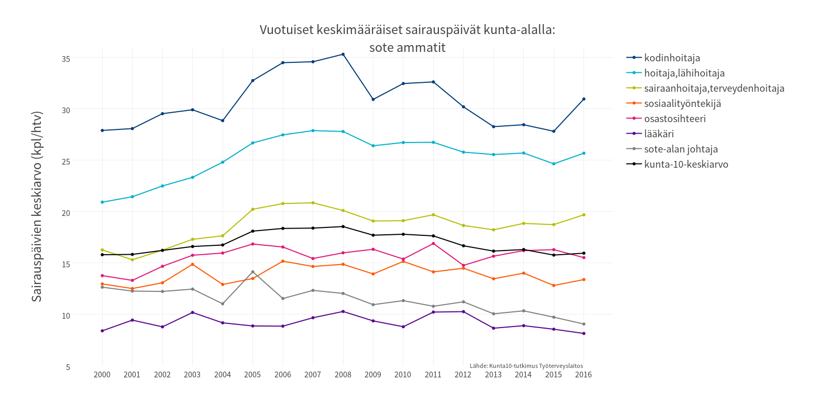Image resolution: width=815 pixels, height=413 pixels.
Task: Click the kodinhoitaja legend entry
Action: (x=672, y=58)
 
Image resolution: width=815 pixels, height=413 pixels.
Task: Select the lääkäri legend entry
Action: (x=659, y=134)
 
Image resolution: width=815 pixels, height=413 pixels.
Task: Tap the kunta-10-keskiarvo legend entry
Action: (x=686, y=164)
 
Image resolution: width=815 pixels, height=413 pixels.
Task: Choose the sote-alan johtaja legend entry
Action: (x=681, y=149)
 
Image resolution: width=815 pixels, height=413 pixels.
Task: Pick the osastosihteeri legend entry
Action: (x=675, y=118)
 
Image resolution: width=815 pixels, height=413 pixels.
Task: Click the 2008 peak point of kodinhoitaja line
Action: (x=343, y=55)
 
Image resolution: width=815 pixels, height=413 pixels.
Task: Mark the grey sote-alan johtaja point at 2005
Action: (x=252, y=272)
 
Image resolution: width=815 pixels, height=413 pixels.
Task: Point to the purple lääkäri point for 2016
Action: (x=583, y=333)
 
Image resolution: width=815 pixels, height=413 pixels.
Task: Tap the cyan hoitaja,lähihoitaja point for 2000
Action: (x=102, y=202)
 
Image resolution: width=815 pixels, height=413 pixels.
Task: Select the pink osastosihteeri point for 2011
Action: (x=433, y=244)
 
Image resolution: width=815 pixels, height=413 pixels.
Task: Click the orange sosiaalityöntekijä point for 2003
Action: (x=192, y=264)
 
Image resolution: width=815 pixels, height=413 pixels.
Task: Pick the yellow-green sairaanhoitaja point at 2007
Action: (x=313, y=203)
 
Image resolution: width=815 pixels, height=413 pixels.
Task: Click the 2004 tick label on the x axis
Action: (x=223, y=375)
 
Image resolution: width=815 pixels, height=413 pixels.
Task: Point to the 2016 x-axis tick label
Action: (x=583, y=375)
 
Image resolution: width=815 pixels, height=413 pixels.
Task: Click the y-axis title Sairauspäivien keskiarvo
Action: (x=37, y=207)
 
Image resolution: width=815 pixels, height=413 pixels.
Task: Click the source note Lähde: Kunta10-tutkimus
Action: (x=526, y=366)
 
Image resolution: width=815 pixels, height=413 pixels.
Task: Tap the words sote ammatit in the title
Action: (x=407, y=48)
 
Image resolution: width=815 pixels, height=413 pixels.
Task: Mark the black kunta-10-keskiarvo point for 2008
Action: (x=343, y=226)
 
